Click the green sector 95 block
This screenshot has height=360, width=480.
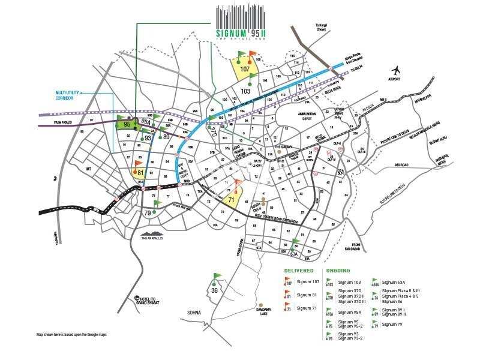coord(127,124)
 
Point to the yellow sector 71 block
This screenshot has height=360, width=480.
coord(232,200)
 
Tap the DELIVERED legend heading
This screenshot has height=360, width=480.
coord(298,271)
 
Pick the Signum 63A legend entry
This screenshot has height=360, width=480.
coord(395,281)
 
